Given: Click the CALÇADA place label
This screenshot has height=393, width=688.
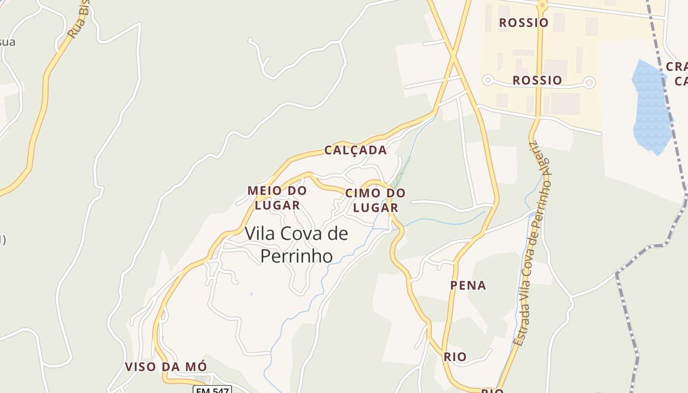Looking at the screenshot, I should click(355, 150).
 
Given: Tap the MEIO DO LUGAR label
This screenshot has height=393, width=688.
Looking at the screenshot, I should click(277, 197).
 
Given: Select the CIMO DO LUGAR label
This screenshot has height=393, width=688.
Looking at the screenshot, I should click(375, 200).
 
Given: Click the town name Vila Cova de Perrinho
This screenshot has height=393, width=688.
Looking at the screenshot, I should click(296, 244).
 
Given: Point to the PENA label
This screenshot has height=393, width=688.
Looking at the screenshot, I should click(468, 285).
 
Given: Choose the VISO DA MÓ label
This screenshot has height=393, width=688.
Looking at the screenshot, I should click(166, 367).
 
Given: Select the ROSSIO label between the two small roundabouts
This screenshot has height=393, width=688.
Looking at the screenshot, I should click(537, 80).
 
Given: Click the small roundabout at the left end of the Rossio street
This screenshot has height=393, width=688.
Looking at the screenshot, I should click(487, 80).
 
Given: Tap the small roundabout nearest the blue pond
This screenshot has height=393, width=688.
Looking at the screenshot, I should click(590, 82).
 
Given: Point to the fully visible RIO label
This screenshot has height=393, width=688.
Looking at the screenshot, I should click(455, 357).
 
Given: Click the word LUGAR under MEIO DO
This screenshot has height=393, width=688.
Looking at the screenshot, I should click(277, 205).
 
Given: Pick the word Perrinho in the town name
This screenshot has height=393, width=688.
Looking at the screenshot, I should click(296, 256).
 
